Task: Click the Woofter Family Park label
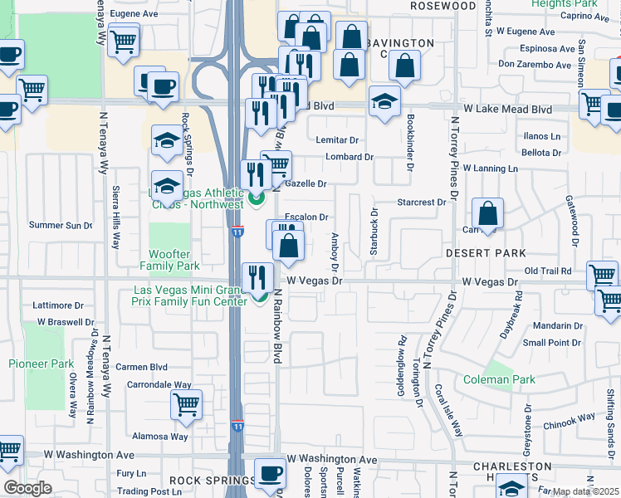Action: tap(169, 260)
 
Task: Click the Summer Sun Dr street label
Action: tap(60, 225)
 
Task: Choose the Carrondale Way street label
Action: tap(159, 385)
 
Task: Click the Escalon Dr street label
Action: tap(307, 217)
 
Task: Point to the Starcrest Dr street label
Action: tap(421, 202)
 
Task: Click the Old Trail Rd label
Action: tap(548, 271)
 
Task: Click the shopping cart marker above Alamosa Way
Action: tap(187, 406)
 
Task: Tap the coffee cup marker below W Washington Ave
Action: tap(270, 474)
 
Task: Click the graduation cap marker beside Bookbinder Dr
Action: tap(384, 102)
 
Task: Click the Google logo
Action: tap(27, 488)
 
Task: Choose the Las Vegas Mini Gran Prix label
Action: tap(190, 295)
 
